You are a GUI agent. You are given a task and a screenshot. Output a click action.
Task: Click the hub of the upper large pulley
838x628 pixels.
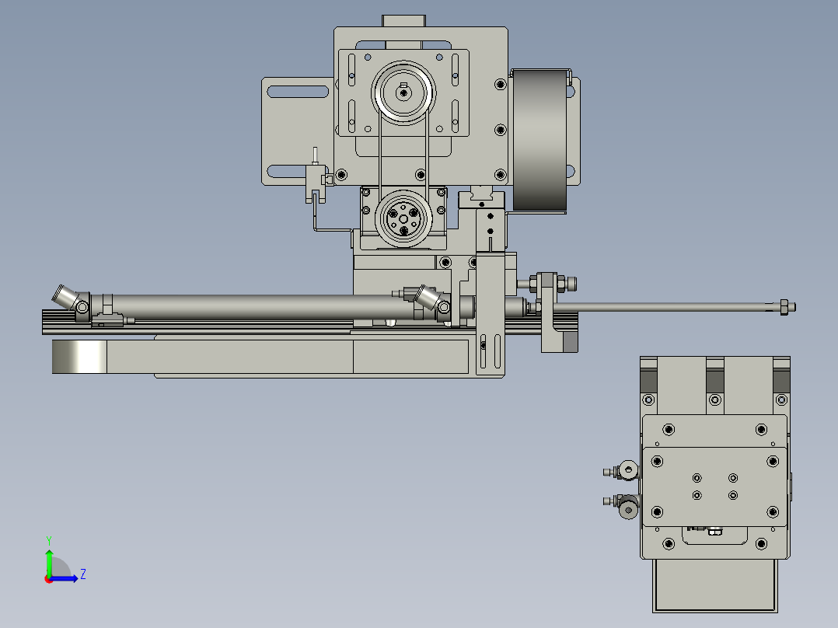403,93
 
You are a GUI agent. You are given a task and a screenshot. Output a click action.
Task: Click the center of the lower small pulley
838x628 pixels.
403,218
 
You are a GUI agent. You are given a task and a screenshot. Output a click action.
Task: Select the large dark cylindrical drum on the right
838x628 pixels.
539,139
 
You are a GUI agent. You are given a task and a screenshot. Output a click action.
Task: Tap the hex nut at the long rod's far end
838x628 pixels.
784,307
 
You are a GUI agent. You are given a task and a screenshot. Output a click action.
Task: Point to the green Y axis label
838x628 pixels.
49,540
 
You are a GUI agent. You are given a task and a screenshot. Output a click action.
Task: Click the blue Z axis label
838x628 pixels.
83,574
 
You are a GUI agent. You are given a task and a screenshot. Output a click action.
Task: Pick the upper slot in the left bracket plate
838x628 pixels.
298,92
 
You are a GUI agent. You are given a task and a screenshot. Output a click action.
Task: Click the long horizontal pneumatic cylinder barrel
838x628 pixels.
257,307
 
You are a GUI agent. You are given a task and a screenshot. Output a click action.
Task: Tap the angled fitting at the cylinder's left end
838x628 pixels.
66,297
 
